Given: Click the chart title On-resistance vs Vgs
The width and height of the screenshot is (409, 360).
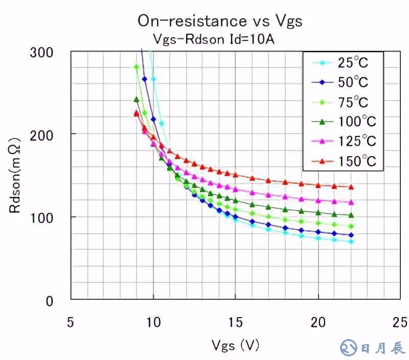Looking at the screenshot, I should click(220, 21).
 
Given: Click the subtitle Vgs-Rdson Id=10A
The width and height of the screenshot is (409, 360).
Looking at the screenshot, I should click(214, 39).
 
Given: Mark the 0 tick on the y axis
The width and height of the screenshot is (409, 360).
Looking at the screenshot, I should click(49, 301).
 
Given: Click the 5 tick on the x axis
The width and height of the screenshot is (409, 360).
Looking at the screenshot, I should click(71, 323).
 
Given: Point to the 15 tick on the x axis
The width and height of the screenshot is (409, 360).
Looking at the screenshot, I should click(236, 323).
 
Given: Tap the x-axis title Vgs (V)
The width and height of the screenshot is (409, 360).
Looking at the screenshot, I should click(235, 346).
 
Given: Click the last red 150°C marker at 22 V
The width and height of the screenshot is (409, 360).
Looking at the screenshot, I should click(351, 187).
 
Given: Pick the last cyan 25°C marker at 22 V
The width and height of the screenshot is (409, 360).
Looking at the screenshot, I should click(351, 241).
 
